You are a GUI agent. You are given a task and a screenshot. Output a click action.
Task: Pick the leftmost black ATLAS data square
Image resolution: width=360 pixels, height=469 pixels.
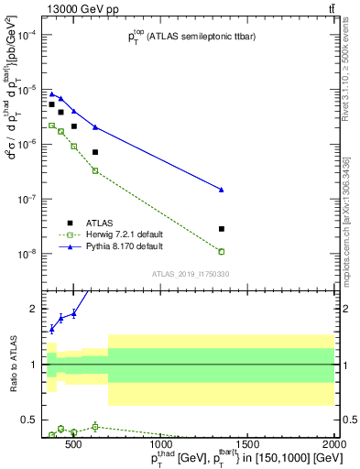click(x=52, y=104)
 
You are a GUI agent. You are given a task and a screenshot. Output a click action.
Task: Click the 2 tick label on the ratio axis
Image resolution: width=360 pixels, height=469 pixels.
click(x=34, y=309)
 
